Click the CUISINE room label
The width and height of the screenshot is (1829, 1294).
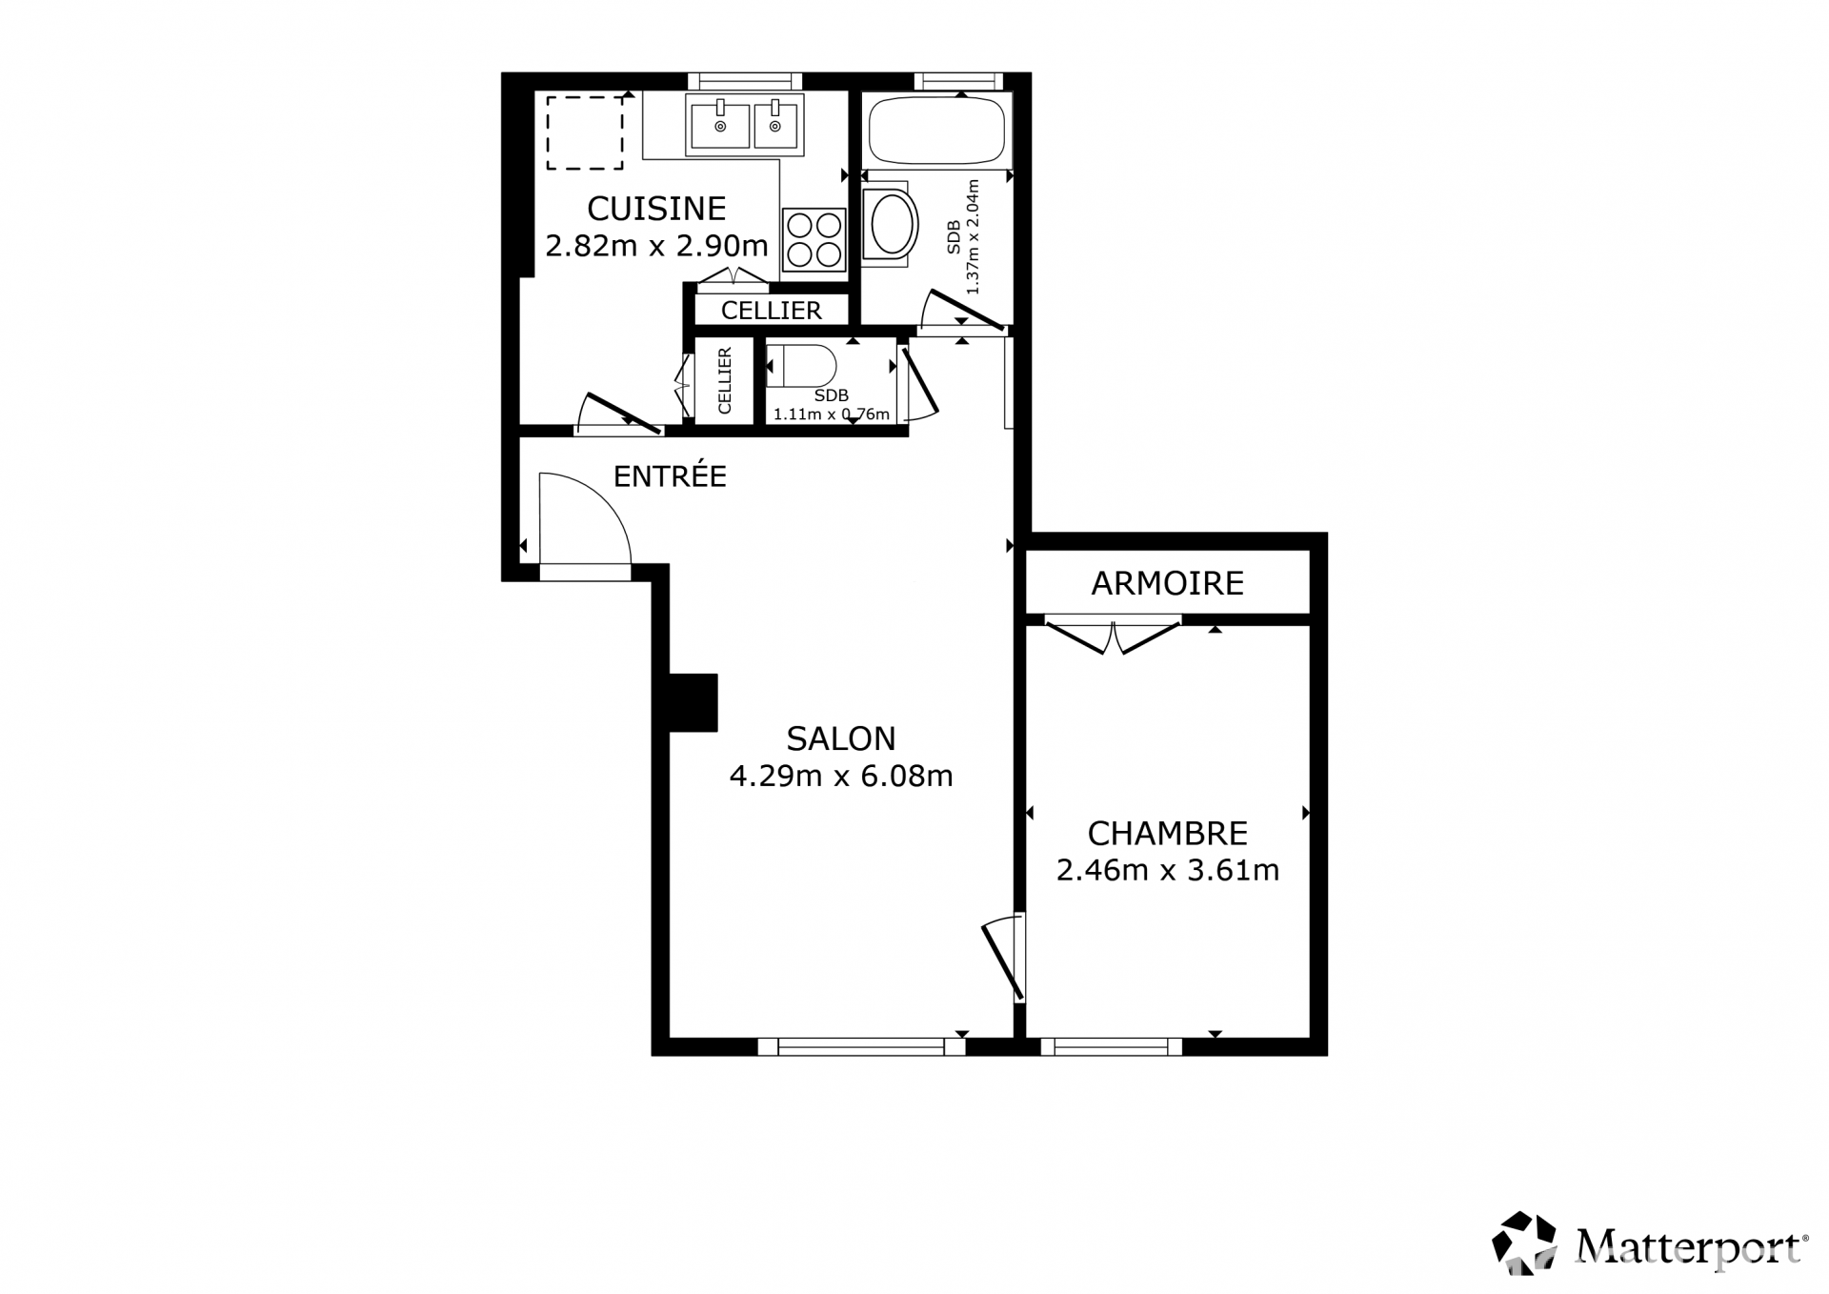(x=656, y=208)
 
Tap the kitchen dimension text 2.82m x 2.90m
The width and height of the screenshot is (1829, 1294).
(x=656, y=246)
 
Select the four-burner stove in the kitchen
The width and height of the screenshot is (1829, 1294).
(x=814, y=239)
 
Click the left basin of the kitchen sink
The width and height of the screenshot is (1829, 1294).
(x=720, y=124)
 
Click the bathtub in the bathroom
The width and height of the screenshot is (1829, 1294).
(x=935, y=129)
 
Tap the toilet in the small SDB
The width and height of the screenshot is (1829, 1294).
(x=801, y=366)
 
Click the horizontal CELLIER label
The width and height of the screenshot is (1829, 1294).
(x=772, y=311)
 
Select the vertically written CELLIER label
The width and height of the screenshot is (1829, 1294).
(x=724, y=381)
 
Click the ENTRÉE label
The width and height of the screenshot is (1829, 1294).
(x=670, y=475)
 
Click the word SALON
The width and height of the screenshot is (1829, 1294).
(x=841, y=738)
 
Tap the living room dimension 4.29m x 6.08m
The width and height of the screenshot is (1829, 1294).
(x=841, y=777)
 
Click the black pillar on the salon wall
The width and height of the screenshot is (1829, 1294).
(x=693, y=702)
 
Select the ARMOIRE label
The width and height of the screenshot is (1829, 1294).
(x=1168, y=583)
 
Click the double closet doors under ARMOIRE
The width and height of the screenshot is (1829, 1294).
(x=1113, y=637)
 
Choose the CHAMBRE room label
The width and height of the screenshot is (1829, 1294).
(x=1168, y=834)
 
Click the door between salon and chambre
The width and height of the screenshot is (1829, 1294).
(x=1003, y=960)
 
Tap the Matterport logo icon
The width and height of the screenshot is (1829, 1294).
(x=1524, y=1243)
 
